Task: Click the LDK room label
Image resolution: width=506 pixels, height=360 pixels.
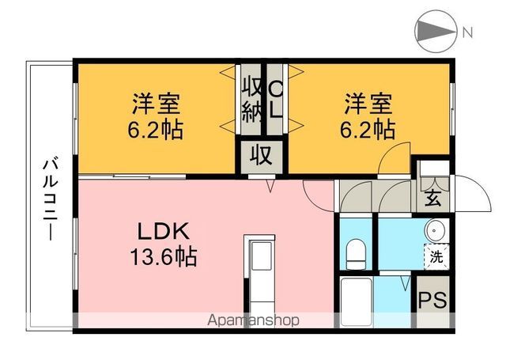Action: click(x=164, y=233)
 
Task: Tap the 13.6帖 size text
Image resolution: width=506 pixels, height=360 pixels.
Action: click(x=164, y=256)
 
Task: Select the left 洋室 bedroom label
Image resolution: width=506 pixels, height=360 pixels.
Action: click(x=156, y=104)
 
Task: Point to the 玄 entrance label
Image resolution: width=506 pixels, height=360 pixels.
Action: click(x=433, y=198)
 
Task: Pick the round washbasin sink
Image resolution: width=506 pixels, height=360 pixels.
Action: click(x=436, y=231)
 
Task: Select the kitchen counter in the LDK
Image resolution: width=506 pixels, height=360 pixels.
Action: click(x=258, y=273)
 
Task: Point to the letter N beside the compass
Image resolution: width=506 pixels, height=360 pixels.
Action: click(x=467, y=32)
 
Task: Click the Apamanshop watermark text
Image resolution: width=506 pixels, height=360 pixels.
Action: click(x=253, y=320)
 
